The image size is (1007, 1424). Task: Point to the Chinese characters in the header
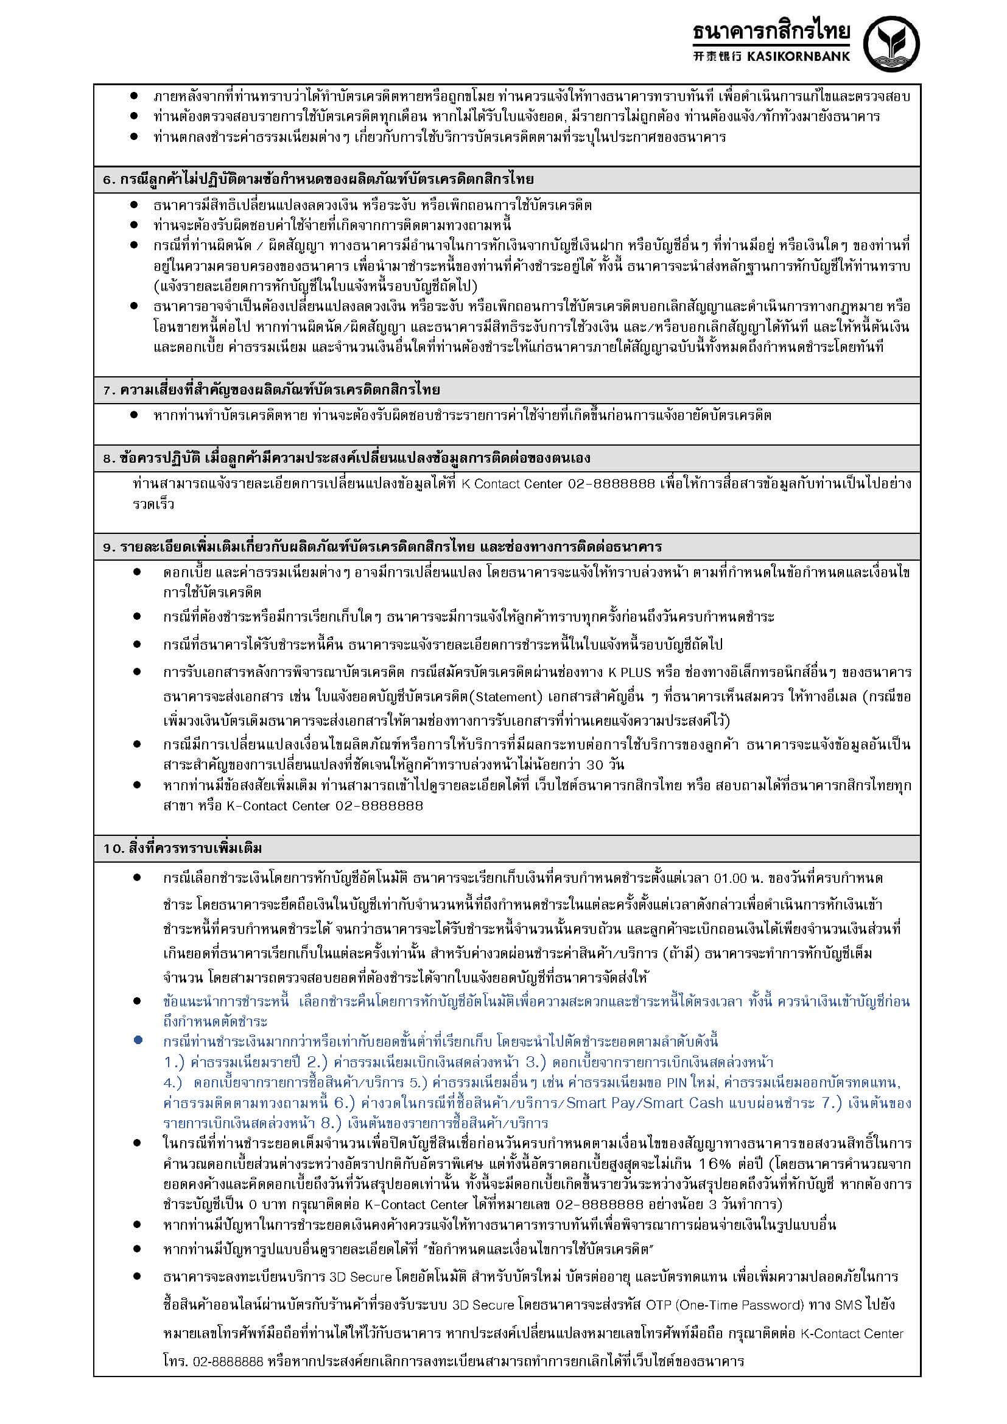[x=715, y=57]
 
